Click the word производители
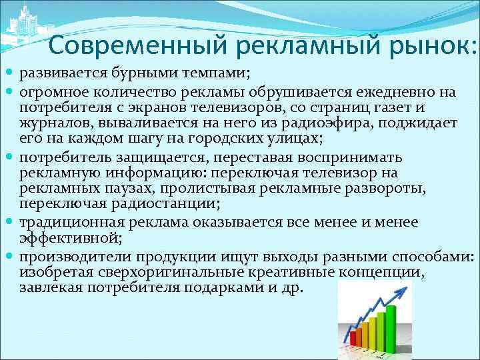point(65,257)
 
